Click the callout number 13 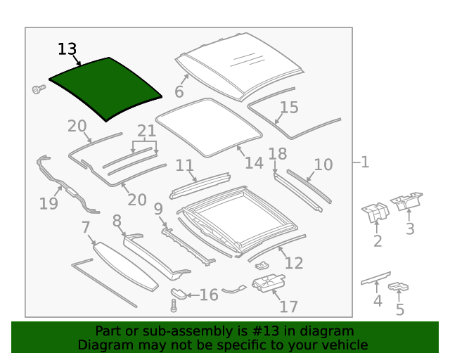[67, 49]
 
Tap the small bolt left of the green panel [38, 89]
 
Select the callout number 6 [179, 92]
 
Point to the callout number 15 [289, 108]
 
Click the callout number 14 [254, 163]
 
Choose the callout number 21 [146, 131]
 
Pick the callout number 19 [49, 204]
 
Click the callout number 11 [184, 166]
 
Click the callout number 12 [294, 263]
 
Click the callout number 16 [209, 295]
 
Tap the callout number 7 [86, 227]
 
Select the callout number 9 [158, 209]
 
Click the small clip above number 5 [399, 287]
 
